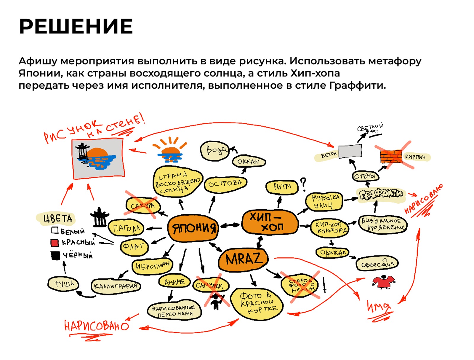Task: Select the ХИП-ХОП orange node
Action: tap(270, 222)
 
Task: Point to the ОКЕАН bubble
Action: tap(249, 162)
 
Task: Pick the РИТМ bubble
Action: tap(282, 187)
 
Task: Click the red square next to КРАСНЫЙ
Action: tap(55, 243)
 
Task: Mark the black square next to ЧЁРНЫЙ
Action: tap(55, 255)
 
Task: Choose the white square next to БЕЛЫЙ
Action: tap(55, 230)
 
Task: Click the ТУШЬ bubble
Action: tap(63, 284)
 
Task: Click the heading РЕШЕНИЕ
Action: tap(76, 26)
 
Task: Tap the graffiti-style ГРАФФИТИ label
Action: tap(381, 195)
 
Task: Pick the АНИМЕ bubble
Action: tap(174, 282)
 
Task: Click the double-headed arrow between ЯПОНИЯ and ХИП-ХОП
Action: tap(230, 225)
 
